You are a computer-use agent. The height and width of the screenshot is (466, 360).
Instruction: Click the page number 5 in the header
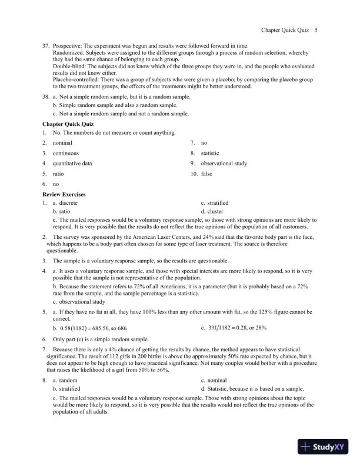click(316, 29)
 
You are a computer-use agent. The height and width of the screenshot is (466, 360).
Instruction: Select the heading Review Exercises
click(64, 194)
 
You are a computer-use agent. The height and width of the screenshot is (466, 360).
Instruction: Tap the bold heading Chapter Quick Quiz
click(68, 124)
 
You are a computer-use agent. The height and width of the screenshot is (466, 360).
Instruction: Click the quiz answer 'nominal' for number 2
click(62, 143)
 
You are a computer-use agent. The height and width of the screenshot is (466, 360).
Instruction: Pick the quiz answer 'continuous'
click(65, 153)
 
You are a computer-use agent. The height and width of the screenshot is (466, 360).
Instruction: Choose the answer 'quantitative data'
click(72, 164)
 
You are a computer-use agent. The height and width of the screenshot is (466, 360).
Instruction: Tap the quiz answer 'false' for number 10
click(206, 174)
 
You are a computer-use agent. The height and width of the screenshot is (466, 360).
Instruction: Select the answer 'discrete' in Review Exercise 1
click(68, 202)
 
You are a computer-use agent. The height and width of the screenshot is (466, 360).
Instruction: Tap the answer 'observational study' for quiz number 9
click(224, 164)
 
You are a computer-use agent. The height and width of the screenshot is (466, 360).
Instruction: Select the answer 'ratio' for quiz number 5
click(58, 174)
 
